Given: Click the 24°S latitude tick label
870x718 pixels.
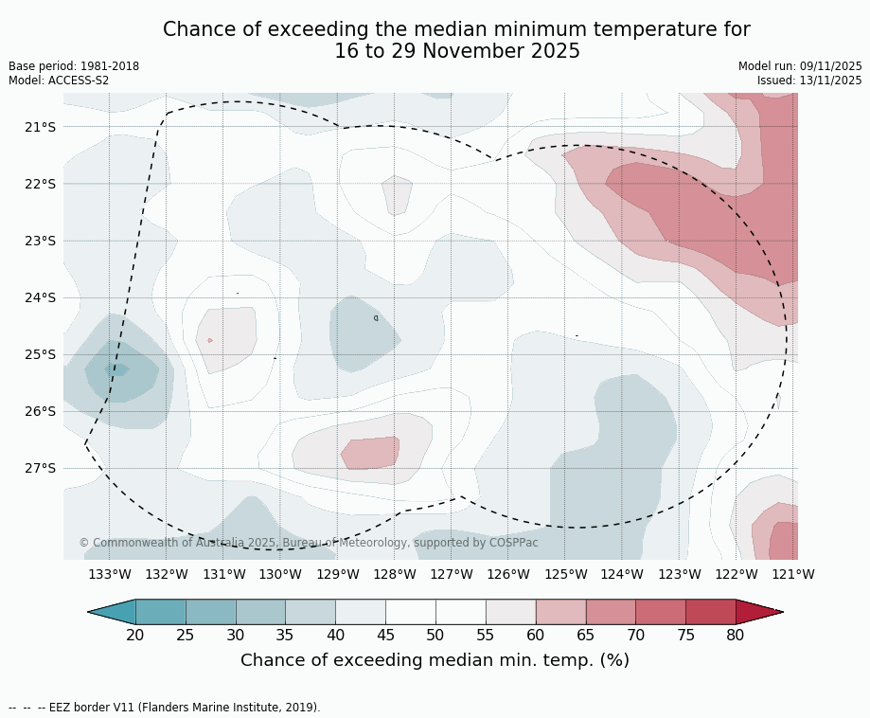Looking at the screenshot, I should pos(39,297).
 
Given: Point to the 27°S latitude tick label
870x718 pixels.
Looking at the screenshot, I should pos(39,468).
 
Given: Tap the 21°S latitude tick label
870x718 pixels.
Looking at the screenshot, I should pos(39,127).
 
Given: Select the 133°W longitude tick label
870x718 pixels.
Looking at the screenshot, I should pos(109,574).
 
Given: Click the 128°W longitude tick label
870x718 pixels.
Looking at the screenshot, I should pos(394,574).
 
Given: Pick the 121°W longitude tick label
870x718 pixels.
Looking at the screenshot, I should pos(792,574).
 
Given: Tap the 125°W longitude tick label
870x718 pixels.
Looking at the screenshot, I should pos(565,574).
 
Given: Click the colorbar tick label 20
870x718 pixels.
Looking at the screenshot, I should pos(135,635).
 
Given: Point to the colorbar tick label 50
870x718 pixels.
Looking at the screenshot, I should pos(435,635).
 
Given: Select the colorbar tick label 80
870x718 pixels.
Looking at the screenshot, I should pos(736,635).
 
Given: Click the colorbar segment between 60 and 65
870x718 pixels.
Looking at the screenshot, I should pos(560,612).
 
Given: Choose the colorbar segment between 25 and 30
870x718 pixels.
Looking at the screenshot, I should pos(211,612).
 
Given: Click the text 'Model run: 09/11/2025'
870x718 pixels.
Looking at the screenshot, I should pos(800,66).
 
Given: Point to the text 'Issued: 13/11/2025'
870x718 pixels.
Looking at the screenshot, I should pos(809,81).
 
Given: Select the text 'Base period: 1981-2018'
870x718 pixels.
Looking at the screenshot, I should pos(74,66).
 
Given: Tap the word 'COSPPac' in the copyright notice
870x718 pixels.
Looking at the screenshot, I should pos(513,543).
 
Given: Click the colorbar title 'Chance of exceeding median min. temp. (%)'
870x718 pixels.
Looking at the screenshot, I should pos(435,660).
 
